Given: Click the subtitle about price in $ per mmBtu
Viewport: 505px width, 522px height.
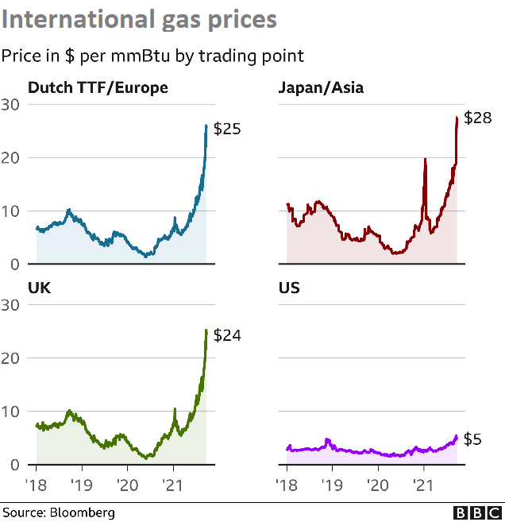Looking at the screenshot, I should coord(152,56).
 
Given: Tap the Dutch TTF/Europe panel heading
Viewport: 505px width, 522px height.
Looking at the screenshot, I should coord(98,87).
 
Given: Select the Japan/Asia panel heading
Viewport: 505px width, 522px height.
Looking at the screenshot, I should coord(321,87).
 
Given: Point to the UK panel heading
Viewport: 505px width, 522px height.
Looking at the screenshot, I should coord(39,288).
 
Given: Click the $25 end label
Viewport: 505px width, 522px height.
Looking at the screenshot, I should coord(226,129).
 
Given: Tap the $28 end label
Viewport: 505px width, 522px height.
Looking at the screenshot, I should coord(478,119).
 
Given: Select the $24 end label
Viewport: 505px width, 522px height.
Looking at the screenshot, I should coord(226,335).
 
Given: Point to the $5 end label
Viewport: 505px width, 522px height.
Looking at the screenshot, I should coord(472,439).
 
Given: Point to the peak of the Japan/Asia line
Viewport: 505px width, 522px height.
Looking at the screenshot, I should coord(457,118).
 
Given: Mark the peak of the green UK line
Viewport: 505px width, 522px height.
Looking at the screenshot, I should coord(206,331).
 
